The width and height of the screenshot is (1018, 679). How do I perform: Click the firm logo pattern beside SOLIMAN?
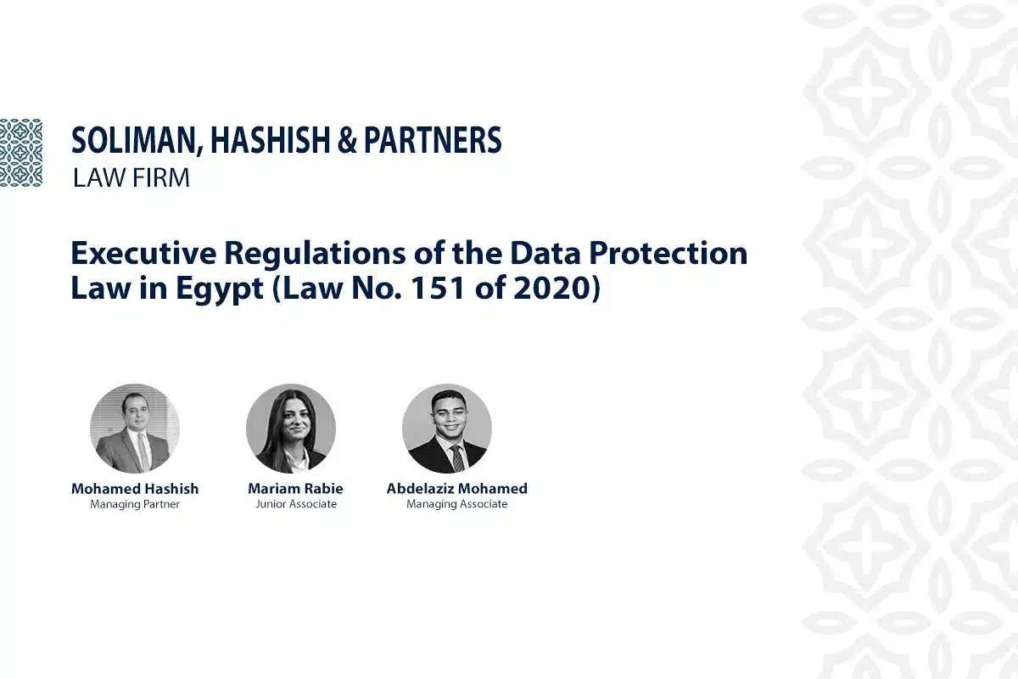[21, 153]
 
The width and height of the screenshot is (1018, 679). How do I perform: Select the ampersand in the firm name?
[348, 141]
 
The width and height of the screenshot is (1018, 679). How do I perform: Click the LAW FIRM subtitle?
[131, 179]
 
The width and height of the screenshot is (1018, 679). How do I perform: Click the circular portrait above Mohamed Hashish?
[135, 429]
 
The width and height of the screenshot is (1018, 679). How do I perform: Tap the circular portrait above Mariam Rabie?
[291, 429]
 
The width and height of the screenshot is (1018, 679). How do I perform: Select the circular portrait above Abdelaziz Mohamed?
[447, 429]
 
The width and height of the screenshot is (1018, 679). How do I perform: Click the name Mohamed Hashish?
[135, 488]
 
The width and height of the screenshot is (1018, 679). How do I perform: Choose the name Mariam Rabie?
[295, 488]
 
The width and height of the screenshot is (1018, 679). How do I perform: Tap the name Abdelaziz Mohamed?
[457, 488]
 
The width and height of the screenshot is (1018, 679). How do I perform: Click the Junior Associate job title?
[295, 504]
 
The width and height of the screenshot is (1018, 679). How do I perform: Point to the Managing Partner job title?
[135, 504]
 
